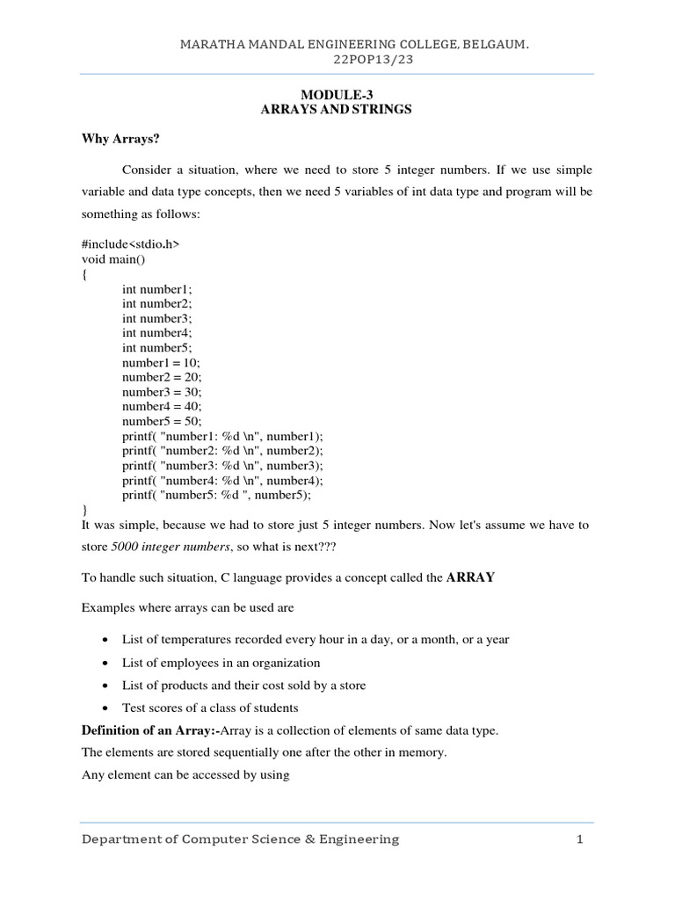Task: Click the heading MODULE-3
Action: click(x=337, y=94)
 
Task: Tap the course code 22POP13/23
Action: click(x=337, y=59)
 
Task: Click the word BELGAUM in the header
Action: click(x=498, y=42)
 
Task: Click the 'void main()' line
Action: click(x=114, y=259)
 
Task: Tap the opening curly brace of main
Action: click(x=84, y=274)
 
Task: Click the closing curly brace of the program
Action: click(x=84, y=510)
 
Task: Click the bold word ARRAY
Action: click(x=471, y=577)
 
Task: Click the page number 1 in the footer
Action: click(x=580, y=839)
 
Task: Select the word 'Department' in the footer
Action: click(x=124, y=839)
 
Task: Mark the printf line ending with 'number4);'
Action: click(x=222, y=480)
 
